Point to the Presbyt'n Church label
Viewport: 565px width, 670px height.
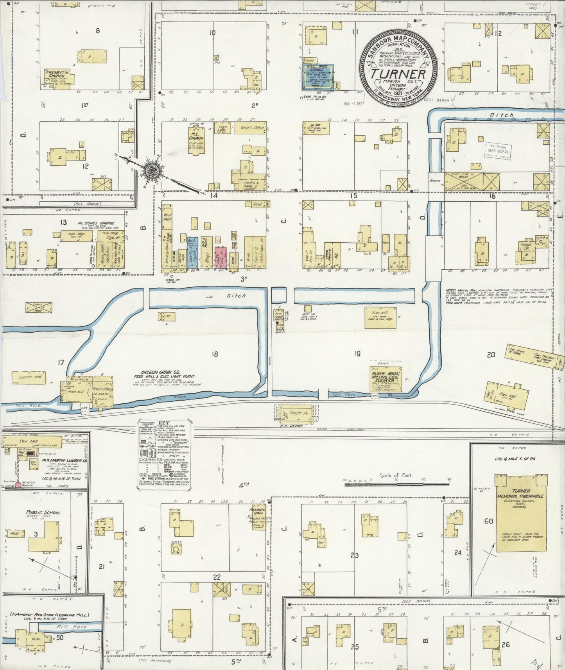click(57, 74)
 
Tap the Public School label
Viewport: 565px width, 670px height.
click(43, 512)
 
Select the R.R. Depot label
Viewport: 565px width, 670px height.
click(291, 426)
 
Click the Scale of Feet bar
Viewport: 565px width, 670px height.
click(397, 484)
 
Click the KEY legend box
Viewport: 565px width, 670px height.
click(165, 454)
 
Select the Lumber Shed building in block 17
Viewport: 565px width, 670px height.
click(29, 377)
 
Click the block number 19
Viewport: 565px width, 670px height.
click(357, 354)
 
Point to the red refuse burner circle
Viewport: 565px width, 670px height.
click(18, 485)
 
